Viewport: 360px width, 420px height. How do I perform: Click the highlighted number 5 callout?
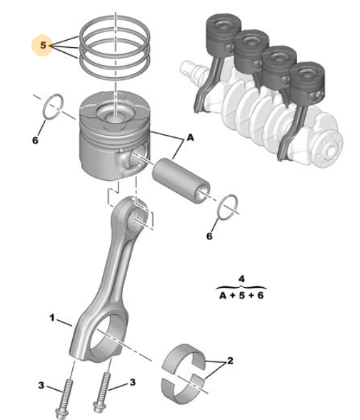pyautogui.click(x=43, y=45)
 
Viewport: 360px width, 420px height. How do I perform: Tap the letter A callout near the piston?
pyautogui.click(x=190, y=137)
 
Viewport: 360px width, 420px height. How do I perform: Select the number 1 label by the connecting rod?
pyautogui.click(x=52, y=318)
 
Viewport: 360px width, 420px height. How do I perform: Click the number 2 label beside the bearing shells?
pyautogui.click(x=230, y=361)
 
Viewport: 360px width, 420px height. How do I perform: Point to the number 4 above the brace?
pyautogui.click(x=241, y=279)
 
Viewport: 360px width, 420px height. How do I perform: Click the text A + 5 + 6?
pyautogui.click(x=241, y=296)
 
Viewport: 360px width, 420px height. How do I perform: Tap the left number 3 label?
pyautogui.click(x=41, y=385)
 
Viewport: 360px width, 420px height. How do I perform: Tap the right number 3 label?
pyautogui.click(x=133, y=382)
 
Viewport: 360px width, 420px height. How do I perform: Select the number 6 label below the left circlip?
pyautogui.click(x=35, y=140)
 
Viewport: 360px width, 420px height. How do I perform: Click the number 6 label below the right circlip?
pyautogui.click(x=209, y=236)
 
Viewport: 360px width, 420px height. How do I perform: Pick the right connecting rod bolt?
pyautogui.click(x=101, y=393)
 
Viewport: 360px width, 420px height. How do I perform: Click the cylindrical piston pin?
pyautogui.click(x=181, y=181)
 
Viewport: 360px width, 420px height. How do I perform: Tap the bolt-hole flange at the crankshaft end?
pyautogui.click(x=329, y=149)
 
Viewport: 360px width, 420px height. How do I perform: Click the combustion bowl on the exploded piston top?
pyautogui.click(x=116, y=113)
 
